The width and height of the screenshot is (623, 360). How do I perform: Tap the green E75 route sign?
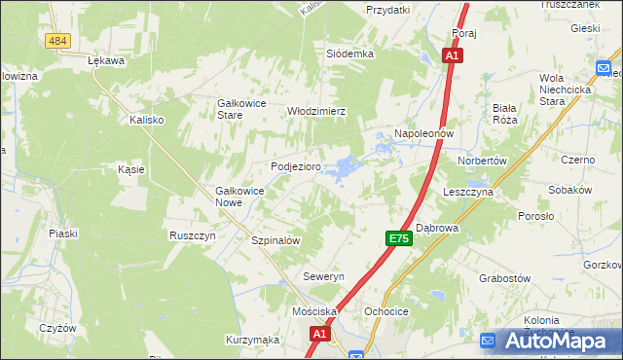coord(397,238)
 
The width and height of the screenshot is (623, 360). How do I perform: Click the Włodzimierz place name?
coord(316,111)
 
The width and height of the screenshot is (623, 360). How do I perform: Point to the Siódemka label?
coord(350,54)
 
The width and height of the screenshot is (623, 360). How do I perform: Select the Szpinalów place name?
coord(275,240)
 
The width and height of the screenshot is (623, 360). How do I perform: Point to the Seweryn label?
coord(324,277)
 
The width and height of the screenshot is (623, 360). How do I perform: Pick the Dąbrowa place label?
coord(437,228)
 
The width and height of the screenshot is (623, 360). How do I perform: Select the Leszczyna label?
coord(469,193)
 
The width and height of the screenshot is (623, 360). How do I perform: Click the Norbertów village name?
coord(482,160)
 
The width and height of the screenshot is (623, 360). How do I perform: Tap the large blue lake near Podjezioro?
coord(343,169)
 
